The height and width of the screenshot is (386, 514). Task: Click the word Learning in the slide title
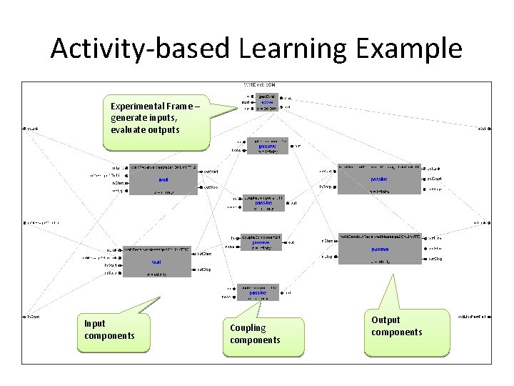click(x=298, y=49)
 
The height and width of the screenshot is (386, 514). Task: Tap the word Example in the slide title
click(x=413, y=49)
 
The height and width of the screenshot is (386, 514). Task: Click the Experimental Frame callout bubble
click(x=156, y=118)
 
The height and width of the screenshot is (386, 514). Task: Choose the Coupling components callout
click(x=265, y=333)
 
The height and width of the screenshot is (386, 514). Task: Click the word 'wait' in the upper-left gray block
click(x=163, y=179)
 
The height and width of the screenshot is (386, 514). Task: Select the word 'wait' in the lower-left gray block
click(x=156, y=262)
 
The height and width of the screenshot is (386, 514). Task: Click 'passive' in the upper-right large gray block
click(x=378, y=179)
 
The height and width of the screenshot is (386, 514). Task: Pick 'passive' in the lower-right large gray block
click(x=380, y=249)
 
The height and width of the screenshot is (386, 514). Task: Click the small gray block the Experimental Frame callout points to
click(x=266, y=102)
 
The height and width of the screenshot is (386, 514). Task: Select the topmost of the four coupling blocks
click(x=267, y=146)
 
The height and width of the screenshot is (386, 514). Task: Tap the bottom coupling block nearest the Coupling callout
click(x=258, y=292)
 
